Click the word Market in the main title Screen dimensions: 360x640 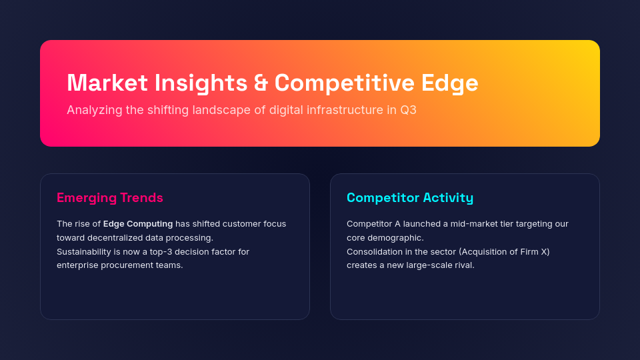tap(107, 83)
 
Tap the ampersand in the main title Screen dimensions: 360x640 tap(261, 83)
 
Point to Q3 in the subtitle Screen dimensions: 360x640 tap(408, 110)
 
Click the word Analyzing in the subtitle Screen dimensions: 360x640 tap(94, 110)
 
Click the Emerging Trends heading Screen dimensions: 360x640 tap(110, 197)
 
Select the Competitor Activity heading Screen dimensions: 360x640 tap(410, 197)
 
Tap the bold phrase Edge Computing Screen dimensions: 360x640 tap(138, 224)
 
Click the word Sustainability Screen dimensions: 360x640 tap(84, 251)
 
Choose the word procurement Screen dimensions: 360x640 tap(129, 265)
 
